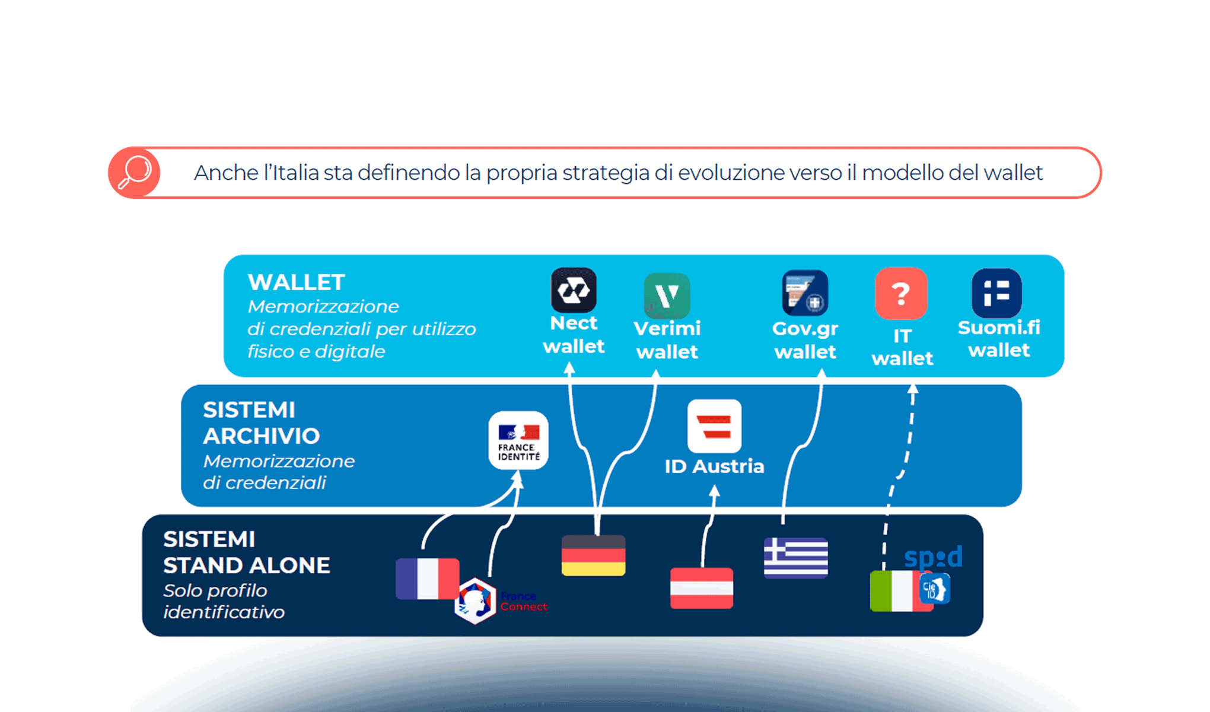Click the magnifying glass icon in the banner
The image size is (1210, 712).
click(135, 173)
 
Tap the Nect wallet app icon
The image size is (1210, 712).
click(574, 290)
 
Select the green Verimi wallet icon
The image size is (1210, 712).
click(667, 295)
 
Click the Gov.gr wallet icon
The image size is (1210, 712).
click(805, 293)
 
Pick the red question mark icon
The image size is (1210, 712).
click(901, 293)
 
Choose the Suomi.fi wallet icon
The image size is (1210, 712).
click(996, 293)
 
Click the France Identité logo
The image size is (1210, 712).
click(518, 440)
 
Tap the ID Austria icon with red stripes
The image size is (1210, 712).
click(714, 426)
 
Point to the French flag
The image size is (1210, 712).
click(427, 578)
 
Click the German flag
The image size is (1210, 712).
click(593, 555)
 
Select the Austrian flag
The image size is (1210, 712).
click(702, 588)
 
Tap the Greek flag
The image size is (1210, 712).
click(795, 558)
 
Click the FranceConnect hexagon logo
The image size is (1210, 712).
click(475, 601)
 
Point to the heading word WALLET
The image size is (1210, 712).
click(296, 282)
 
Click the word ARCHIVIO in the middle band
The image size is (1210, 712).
click(261, 436)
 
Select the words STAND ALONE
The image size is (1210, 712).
click(247, 565)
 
